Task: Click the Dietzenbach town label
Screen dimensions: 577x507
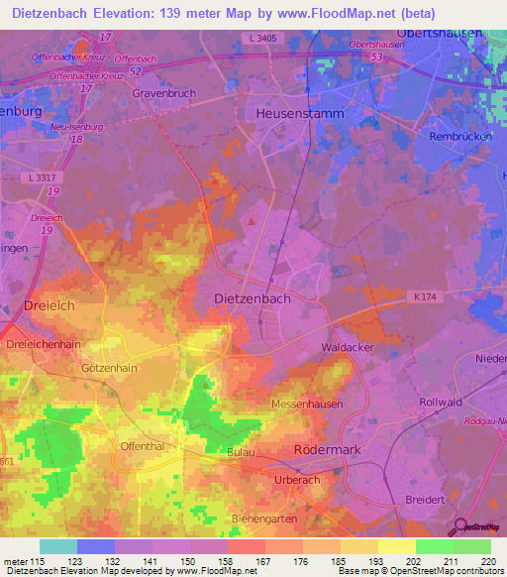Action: [253, 296]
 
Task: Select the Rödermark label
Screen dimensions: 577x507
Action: [334, 449]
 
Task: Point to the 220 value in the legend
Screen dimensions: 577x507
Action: [484, 561]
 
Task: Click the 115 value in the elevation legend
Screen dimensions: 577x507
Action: [37, 561]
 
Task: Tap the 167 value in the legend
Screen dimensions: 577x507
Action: [262, 561]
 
